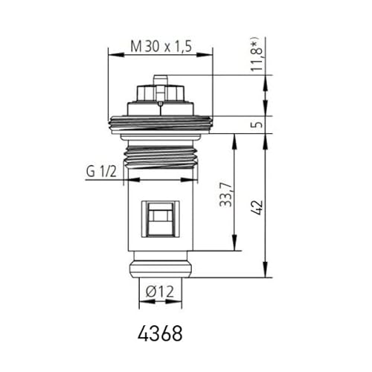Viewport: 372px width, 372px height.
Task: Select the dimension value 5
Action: (x=257, y=124)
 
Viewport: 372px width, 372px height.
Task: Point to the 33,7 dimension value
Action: (x=225, y=199)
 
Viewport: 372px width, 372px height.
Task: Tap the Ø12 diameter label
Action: (x=160, y=292)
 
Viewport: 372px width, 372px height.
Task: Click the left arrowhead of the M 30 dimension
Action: (x=111, y=52)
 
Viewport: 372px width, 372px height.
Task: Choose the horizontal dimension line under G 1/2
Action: (x=160, y=179)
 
